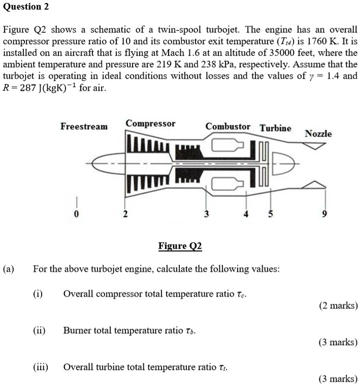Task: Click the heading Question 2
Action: (x=22, y=7)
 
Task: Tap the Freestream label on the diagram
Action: (x=84, y=126)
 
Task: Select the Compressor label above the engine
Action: (x=150, y=123)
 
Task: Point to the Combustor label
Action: (x=228, y=126)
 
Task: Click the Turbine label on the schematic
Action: (x=276, y=128)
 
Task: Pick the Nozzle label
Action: (x=318, y=134)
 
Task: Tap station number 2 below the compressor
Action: (x=124, y=215)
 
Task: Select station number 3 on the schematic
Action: (x=206, y=215)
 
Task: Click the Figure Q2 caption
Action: (x=180, y=247)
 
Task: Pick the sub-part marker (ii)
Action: (x=40, y=331)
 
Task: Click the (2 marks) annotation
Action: (x=338, y=305)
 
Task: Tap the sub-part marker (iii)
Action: (x=41, y=367)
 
